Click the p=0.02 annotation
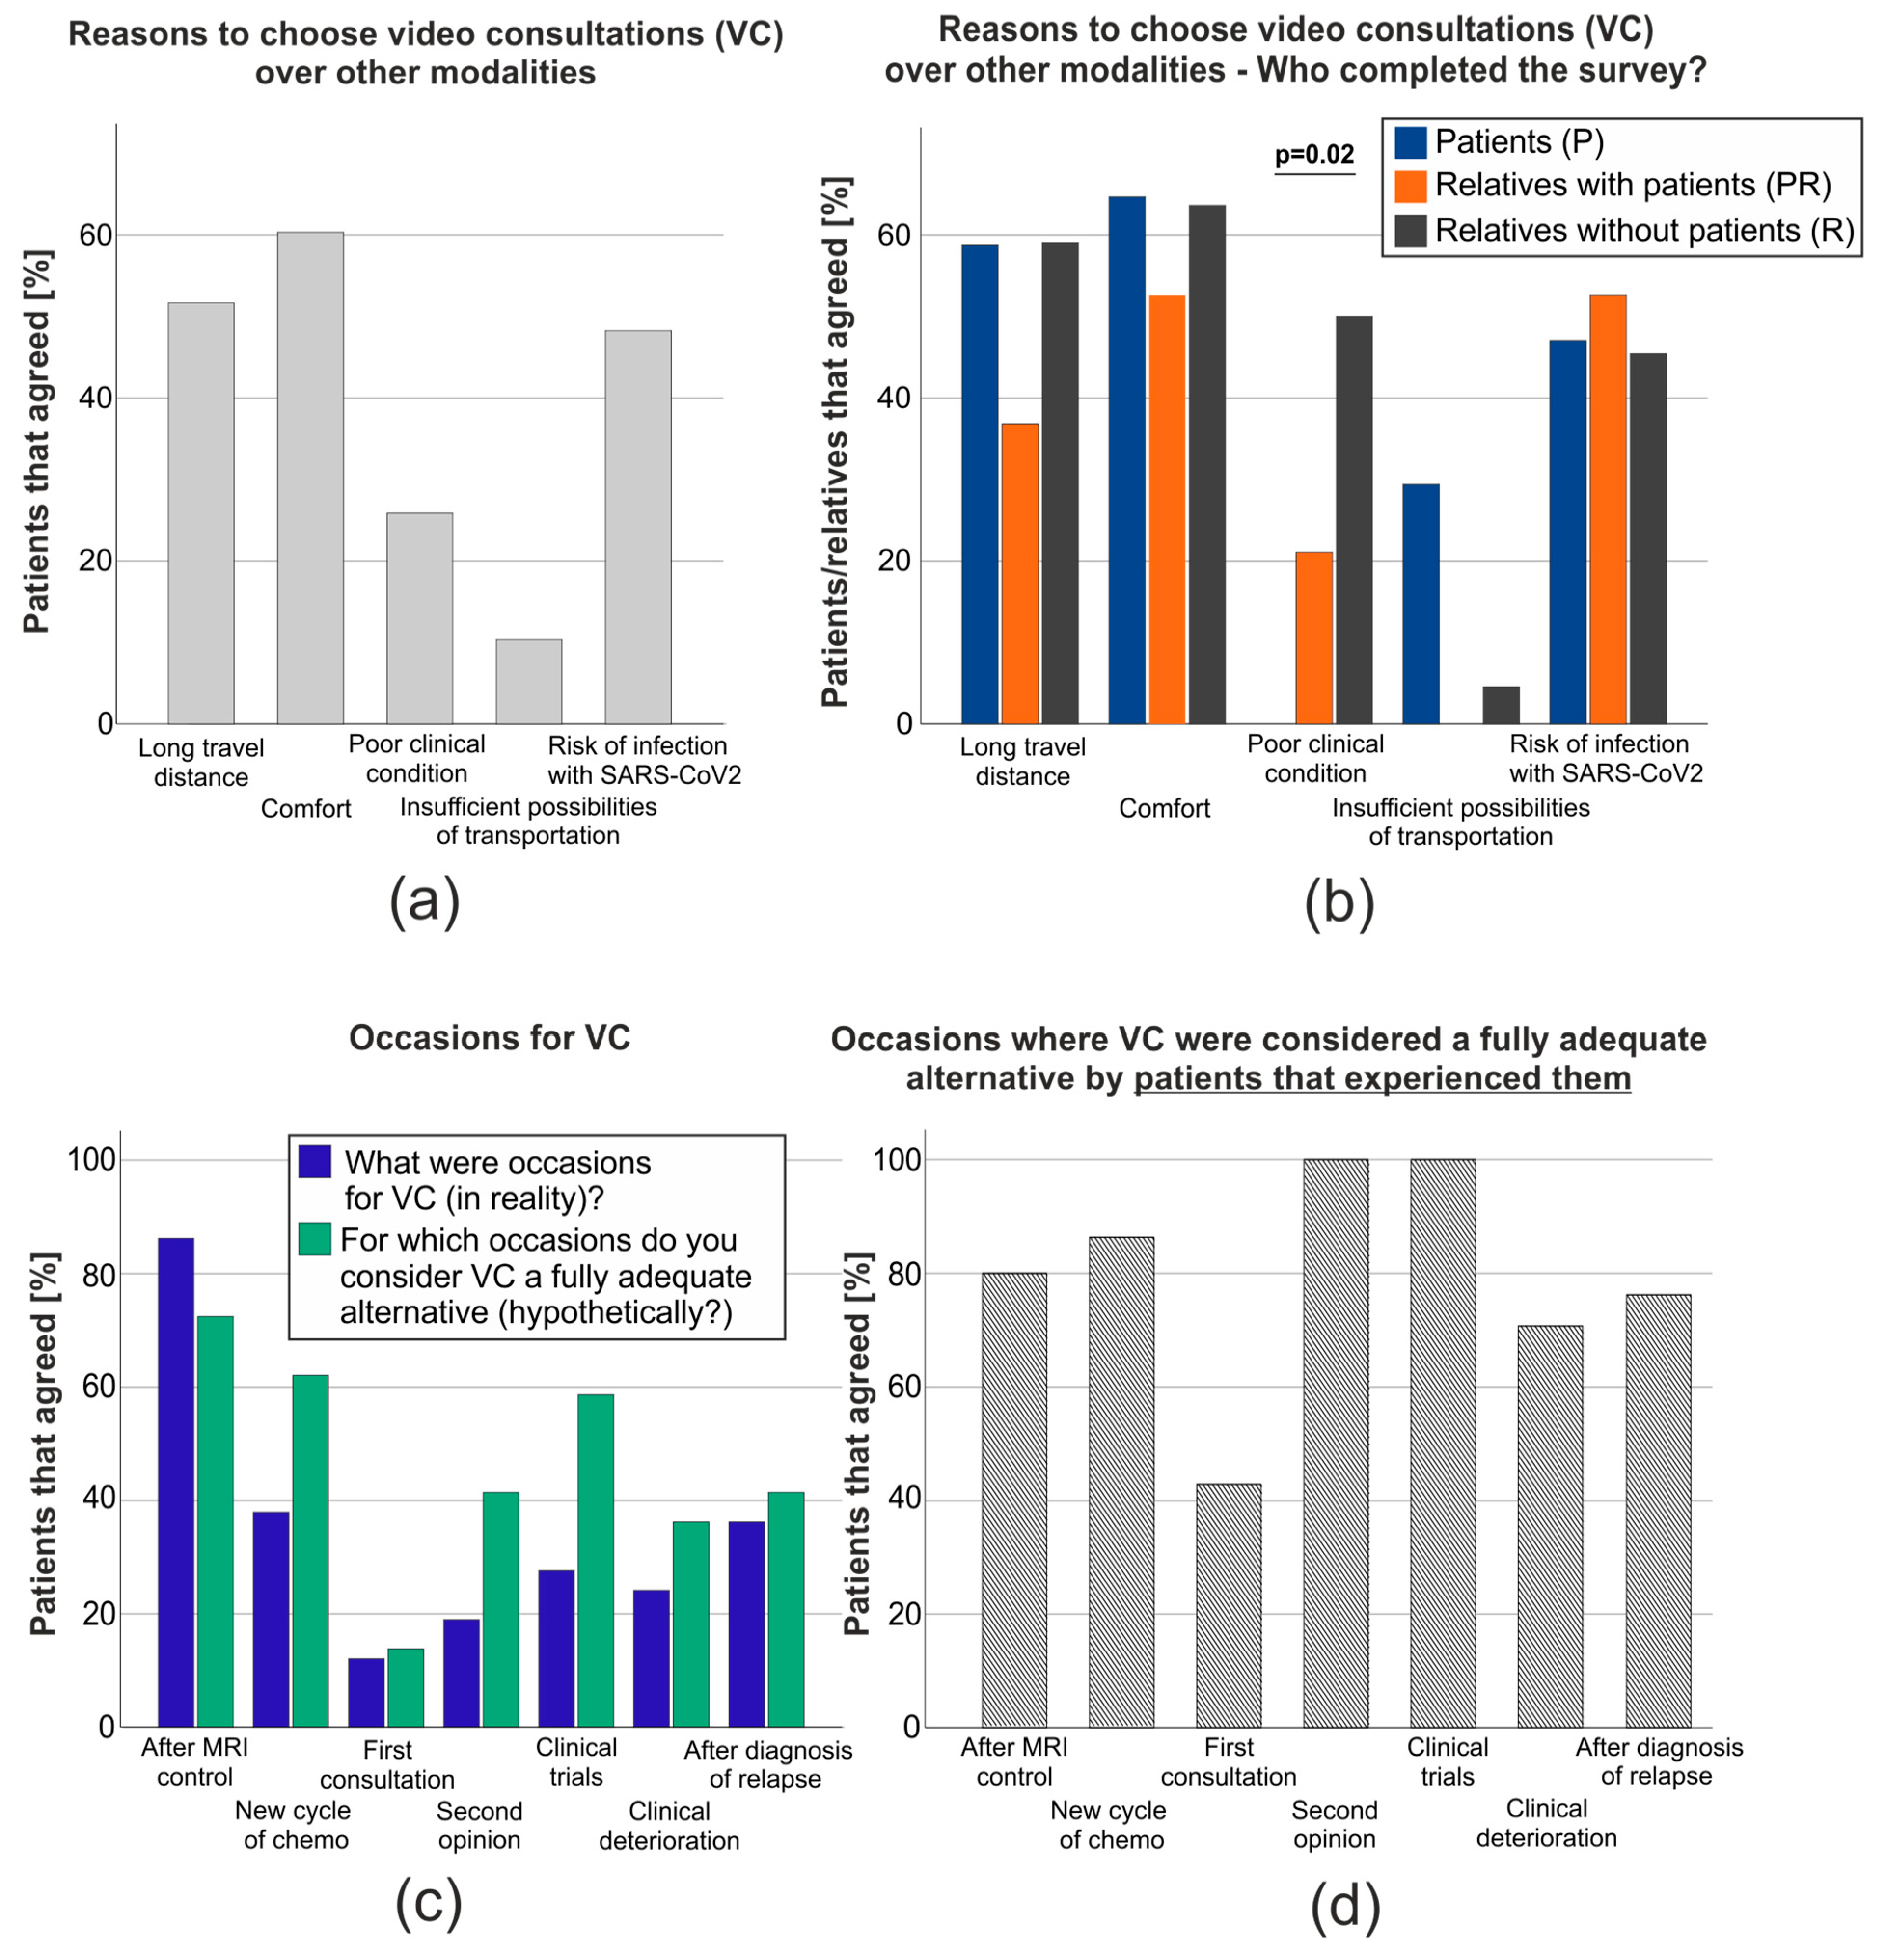click(x=1314, y=155)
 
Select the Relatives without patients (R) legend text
click(x=1644, y=230)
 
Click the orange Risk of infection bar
click(x=1607, y=509)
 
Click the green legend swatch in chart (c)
click(x=315, y=1239)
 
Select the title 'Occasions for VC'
click(x=490, y=1038)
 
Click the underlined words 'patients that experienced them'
click(x=1381, y=1079)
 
